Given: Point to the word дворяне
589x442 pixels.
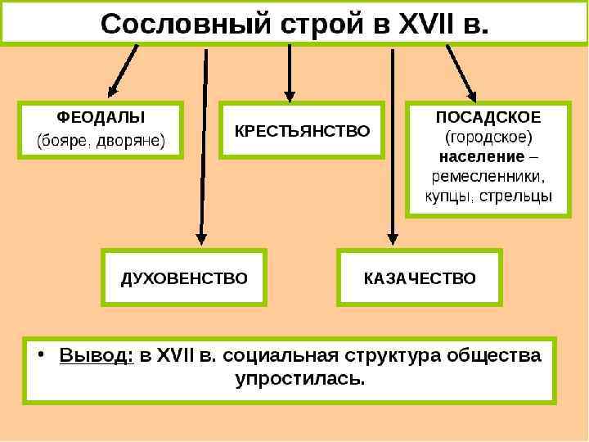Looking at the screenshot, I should (x=128, y=141).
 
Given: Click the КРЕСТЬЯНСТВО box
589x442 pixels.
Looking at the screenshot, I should (x=302, y=130).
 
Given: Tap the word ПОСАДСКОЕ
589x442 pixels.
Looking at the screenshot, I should (x=488, y=116).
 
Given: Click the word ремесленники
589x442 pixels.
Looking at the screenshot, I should (x=488, y=176).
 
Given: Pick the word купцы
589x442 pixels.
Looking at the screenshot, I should (x=449, y=196).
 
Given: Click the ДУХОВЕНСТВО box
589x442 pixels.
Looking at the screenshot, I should (x=184, y=278).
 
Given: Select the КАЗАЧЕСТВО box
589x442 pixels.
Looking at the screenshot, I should (x=420, y=278).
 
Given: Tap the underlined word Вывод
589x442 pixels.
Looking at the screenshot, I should (x=96, y=357).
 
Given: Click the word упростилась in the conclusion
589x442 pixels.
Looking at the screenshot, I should (x=299, y=380).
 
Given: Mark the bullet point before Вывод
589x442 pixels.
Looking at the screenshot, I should (x=41, y=357).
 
